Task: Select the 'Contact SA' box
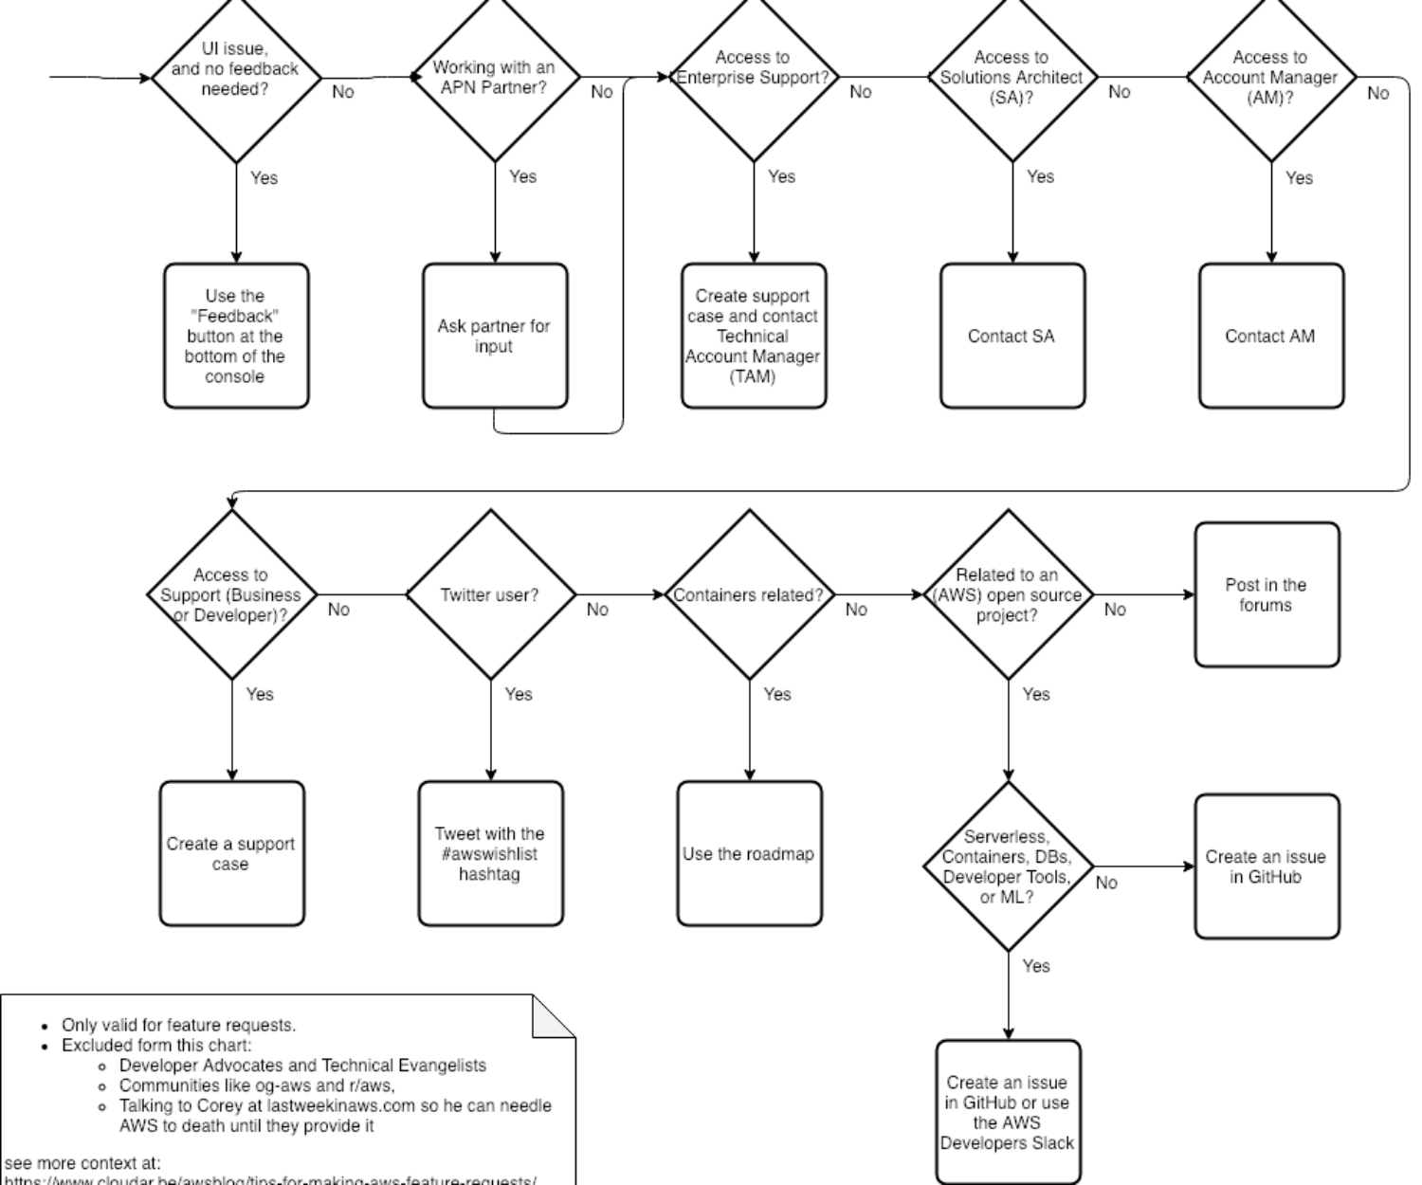pyautogui.click(x=1012, y=336)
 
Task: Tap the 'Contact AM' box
pyautogui.click(x=1270, y=336)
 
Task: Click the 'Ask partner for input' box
pyautogui.click(x=494, y=336)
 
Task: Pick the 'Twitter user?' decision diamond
pyautogui.click(x=490, y=595)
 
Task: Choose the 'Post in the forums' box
pyautogui.click(x=1267, y=595)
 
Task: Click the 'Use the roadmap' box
pyautogui.click(x=749, y=853)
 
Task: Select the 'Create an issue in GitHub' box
pyautogui.click(x=1267, y=866)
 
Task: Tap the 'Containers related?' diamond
pyautogui.click(x=749, y=595)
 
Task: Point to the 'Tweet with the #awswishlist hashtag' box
pyautogui.click(x=490, y=853)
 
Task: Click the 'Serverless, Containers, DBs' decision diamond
pyautogui.click(x=1008, y=866)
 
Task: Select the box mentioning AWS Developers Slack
pyautogui.click(x=1008, y=1112)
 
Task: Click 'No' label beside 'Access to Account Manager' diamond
pyautogui.click(x=1378, y=93)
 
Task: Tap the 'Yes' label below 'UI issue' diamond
pyautogui.click(x=264, y=177)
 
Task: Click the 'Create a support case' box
pyautogui.click(x=231, y=853)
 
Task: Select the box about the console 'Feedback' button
pyautogui.click(x=235, y=336)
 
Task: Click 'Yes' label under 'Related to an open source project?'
pyautogui.click(x=1036, y=694)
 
